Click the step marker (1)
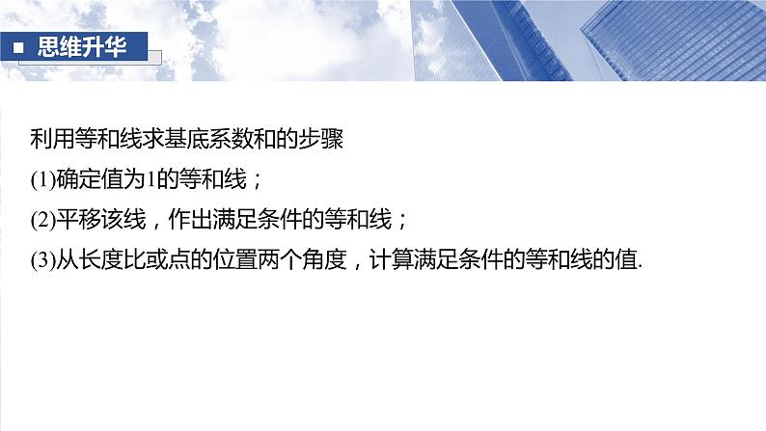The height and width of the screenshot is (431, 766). pos(41,180)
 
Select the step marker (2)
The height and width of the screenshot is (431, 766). pos(41,221)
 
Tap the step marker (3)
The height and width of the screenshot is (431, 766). pos(41,261)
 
